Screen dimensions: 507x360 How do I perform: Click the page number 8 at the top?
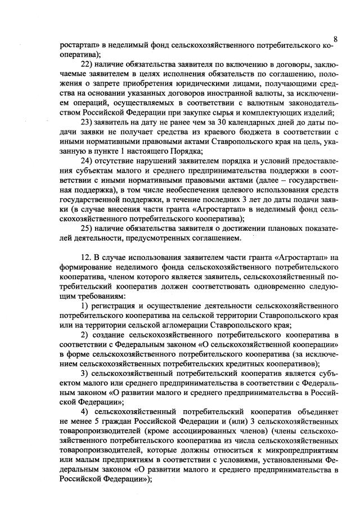[335, 38]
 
